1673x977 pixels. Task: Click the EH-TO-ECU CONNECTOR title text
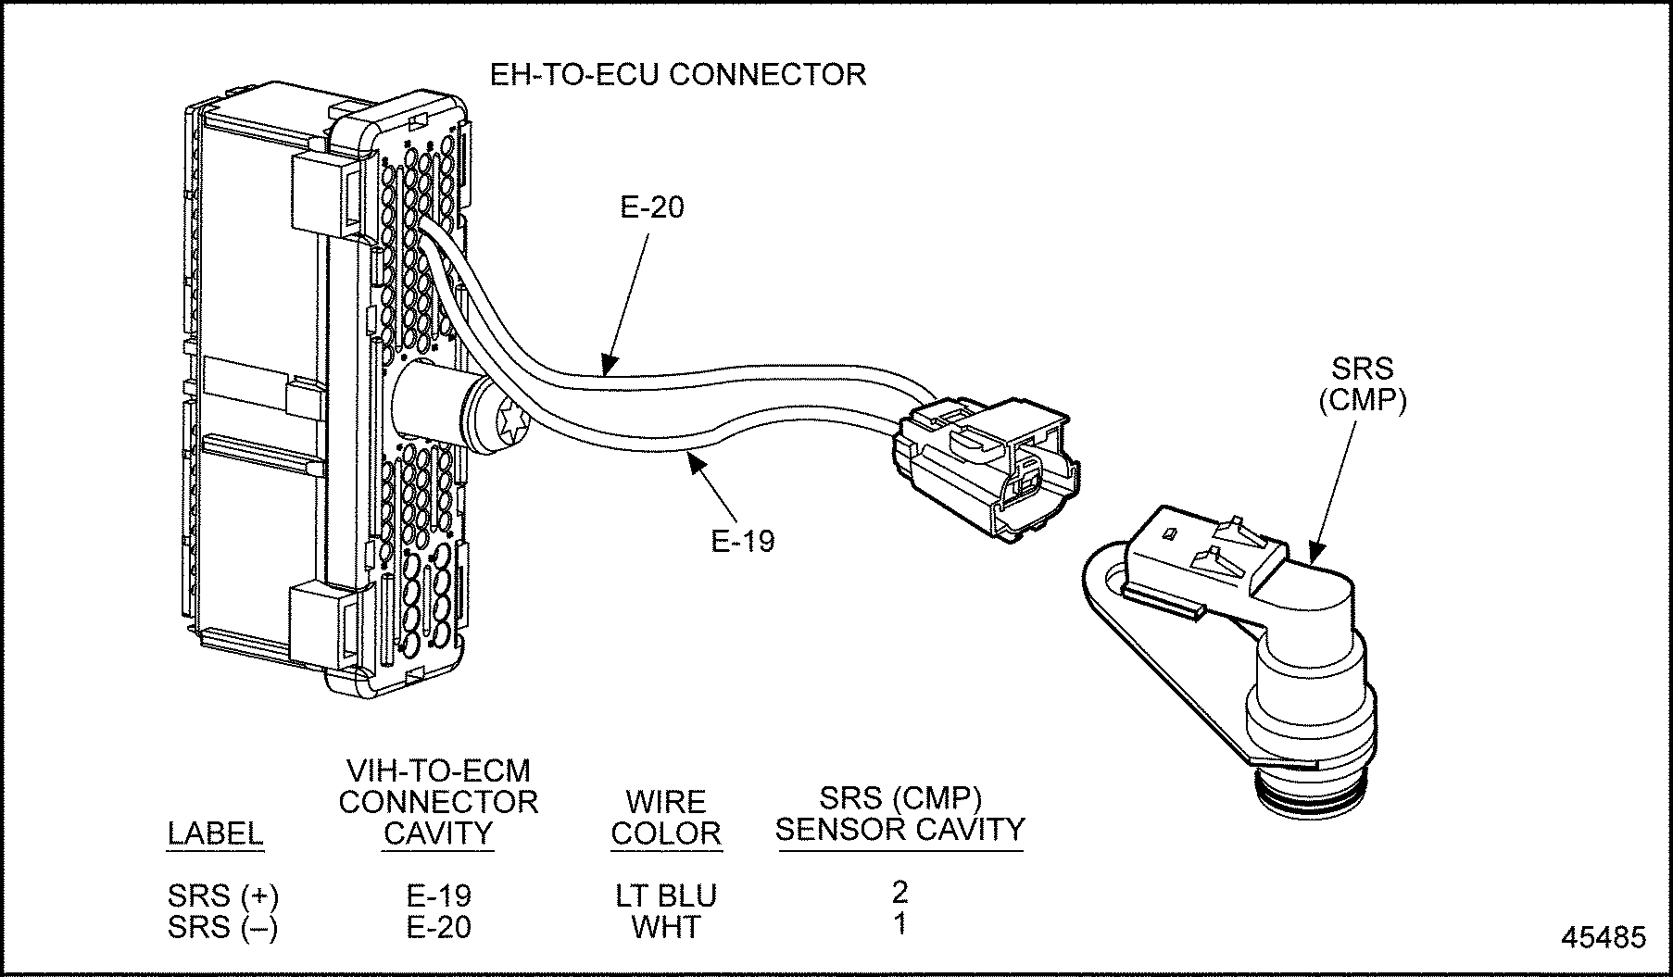coord(677,74)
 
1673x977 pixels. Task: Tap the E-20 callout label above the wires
coord(652,207)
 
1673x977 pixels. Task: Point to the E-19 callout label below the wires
coord(742,541)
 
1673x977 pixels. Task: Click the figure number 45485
coord(1604,937)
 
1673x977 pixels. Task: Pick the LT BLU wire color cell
coord(666,896)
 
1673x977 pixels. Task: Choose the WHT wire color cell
coord(666,927)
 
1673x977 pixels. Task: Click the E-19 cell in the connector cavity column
coord(438,896)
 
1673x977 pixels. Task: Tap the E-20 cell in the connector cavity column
coord(438,927)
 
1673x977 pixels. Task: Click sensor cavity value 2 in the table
coord(899,892)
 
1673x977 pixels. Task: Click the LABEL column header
coord(215,833)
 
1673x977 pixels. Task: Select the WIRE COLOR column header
coord(666,818)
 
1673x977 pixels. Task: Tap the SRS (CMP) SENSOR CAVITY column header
coord(899,813)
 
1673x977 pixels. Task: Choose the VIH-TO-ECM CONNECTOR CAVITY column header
coord(438,802)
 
